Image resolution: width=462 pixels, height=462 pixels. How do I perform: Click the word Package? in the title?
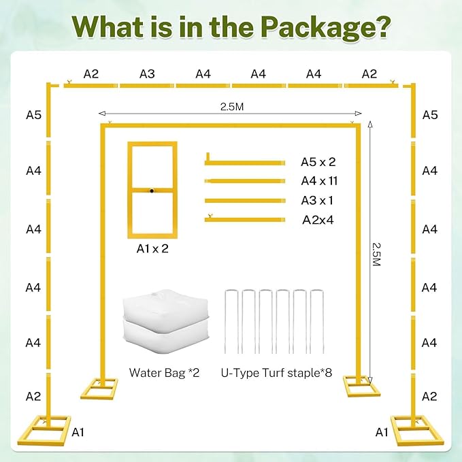(x=325, y=28)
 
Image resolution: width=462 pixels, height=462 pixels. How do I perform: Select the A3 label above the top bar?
(x=147, y=74)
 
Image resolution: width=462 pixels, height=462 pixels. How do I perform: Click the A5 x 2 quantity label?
(x=318, y=162)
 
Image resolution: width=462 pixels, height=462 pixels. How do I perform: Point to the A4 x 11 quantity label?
(x=319, y=181)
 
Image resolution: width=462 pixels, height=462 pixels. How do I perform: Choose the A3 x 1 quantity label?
(x=317, y=201)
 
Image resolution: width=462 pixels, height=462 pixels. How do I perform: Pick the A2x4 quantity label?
(x=318, y=220)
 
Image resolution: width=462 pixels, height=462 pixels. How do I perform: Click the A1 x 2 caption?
(x=152, y=248)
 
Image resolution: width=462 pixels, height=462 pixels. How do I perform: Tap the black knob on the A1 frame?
(x=152, y=191)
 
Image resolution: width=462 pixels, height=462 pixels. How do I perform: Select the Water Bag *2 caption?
(x=164, y=373)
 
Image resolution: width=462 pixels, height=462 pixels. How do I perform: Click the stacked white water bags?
(x=165, y=321)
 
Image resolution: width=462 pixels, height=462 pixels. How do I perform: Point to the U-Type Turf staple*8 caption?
(x=276, y=373)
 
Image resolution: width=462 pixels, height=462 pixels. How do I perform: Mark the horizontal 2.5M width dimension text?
(x=232, y=107)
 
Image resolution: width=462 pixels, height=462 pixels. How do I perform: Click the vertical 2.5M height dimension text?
(x=376, y=254)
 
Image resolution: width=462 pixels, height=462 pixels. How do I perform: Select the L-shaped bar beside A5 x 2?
(x=245, y=163)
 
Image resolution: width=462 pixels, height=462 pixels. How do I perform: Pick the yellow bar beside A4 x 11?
(x=245, y=181)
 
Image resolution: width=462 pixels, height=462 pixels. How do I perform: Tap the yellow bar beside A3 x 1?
(x=245, y=201)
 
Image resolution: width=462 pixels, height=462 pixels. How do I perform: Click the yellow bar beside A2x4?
(x=245, y=220)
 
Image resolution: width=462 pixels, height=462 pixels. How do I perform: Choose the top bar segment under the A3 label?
(x=148, y=86)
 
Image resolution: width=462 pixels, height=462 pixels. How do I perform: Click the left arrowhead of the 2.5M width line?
(x=102, y=114)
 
